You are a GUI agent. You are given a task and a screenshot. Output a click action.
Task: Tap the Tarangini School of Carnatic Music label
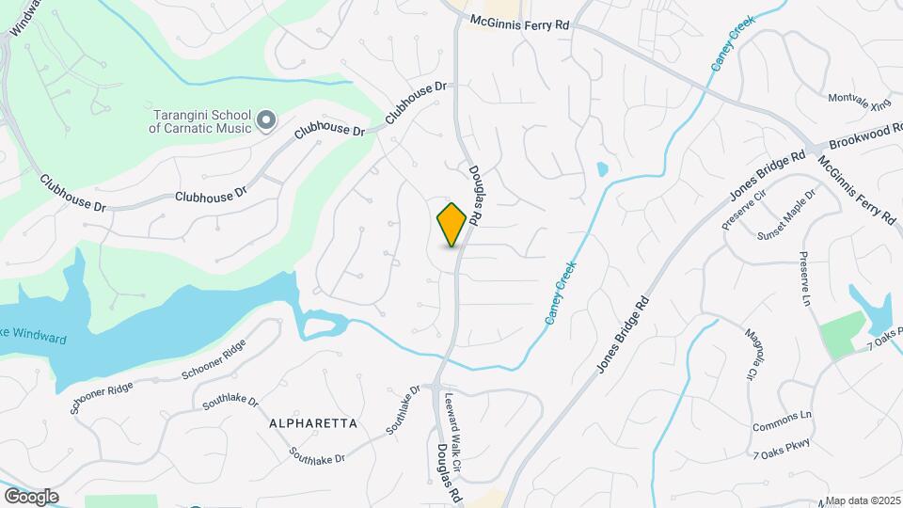click(x=202, y=121)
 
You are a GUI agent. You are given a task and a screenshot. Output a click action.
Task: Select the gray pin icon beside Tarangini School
click(x=265, y=119)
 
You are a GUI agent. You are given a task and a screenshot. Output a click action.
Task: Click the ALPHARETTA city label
click(x=313, y=423)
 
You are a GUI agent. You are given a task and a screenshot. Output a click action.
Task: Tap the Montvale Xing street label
click(x=859, y=98)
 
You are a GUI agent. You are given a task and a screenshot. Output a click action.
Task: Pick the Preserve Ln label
click(x=805, y=279)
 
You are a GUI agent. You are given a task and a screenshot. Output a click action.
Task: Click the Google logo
click(x=30, y=496)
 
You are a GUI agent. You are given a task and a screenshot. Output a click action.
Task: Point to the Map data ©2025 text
click(x=862, y=500)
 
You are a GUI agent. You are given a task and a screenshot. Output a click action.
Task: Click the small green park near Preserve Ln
click(x=842, y=335)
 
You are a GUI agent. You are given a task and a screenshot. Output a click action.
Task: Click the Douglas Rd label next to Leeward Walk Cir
click(x=448, y=471)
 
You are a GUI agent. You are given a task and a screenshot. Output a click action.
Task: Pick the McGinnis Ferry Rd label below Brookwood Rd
click(x=856, y=187)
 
